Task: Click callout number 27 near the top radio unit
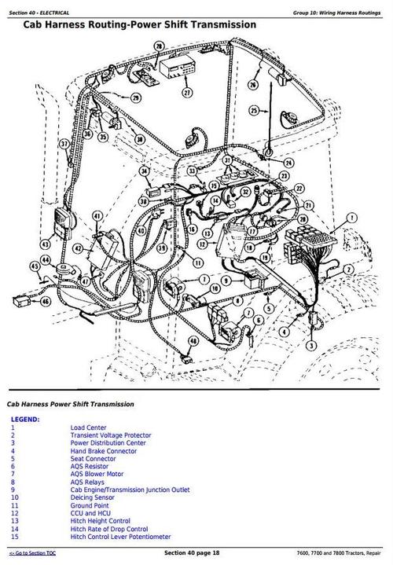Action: pyautogui.click(x=186, y=92)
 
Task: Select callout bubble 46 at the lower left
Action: pyautogui.click(x=45, y=301)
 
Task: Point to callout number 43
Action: pyautogui.click(x=45, y=244)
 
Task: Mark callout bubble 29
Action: pyautogui.click(x=136, y=98)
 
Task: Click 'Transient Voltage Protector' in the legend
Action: pyautogui.click(x=111, y=435)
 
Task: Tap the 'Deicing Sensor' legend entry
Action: pyautogui.click(x=93, y=497)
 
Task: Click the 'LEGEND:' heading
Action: pyautogui.click(x=25, y=420)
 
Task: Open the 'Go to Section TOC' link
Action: pyautogui.click(x=36, y=555)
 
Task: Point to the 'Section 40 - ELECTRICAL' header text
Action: pyautogui.click(x=39, y=13)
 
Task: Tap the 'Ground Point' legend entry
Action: pyautogui.click(x=90, y=505)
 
